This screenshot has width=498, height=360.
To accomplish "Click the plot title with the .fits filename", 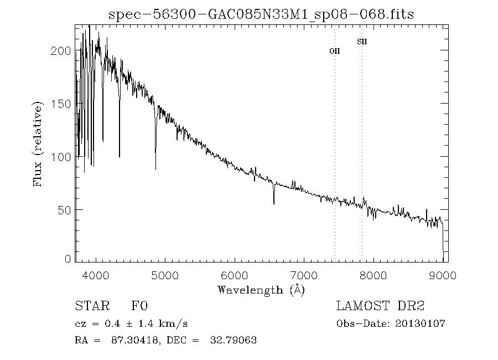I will [x=261, y=14].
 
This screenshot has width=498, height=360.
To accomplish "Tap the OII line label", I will [x=335, y=51].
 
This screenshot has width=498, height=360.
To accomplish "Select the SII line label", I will [x=362, y=42].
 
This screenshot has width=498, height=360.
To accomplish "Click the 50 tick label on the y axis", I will [x=64, y=210].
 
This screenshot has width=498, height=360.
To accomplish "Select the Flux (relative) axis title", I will [x=38, y=144].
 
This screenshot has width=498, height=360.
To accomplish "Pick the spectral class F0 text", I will [x=139, y=306].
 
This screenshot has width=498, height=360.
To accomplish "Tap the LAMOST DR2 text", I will [x=380, y=306].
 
